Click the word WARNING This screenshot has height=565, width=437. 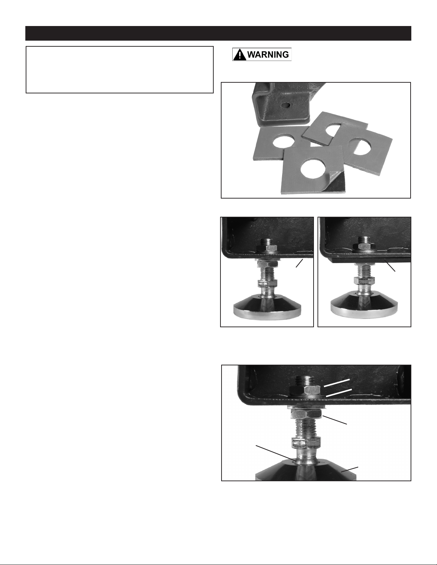[x=268, y=55]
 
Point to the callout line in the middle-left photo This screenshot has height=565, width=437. [x=300, y=263]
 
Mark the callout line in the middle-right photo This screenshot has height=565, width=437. [x=390, y=265]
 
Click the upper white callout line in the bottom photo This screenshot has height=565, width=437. [x=337, y=383]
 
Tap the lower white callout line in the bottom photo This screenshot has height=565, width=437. [x=339, y=393]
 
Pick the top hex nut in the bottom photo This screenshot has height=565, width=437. [x=305, y=389]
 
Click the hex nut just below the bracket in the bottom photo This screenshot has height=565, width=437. [x=306, y=413]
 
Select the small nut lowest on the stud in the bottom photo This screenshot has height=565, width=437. [x=306, y=443]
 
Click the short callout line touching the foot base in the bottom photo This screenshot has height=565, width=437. [x=350, y=469]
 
